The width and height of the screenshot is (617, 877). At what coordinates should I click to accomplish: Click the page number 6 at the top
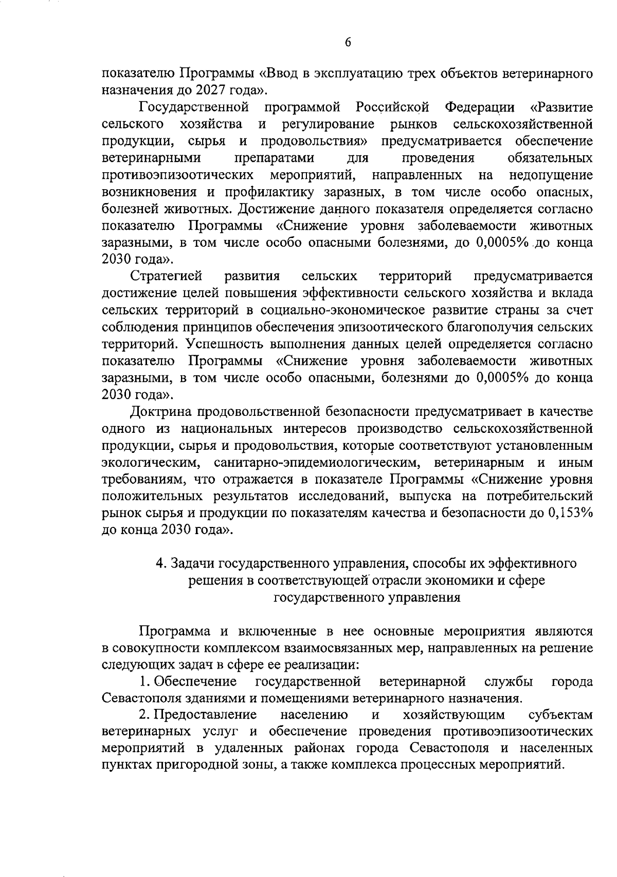(x=348, y=43)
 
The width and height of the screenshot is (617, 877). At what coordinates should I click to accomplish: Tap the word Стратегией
(x=167, y=277)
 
